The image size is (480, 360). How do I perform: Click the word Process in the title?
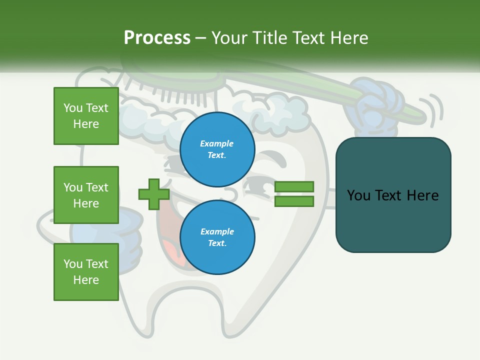click(157, 38)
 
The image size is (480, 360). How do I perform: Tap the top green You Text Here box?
click(86, 116)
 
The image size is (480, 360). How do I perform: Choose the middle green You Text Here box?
click(86, 195)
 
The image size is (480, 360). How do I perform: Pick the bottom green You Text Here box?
click(86, 272)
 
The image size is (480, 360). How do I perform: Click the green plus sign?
click(154, 194)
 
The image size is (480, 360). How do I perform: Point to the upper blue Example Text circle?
click(217, 149)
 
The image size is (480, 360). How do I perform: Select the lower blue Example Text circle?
click(217, 237)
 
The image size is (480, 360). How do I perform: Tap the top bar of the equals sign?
click(294, 186)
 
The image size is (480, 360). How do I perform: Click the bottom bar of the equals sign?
click(294, 201)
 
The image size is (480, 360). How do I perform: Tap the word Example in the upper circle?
click(217, 143)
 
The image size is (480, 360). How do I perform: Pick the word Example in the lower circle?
click(217, 231)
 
